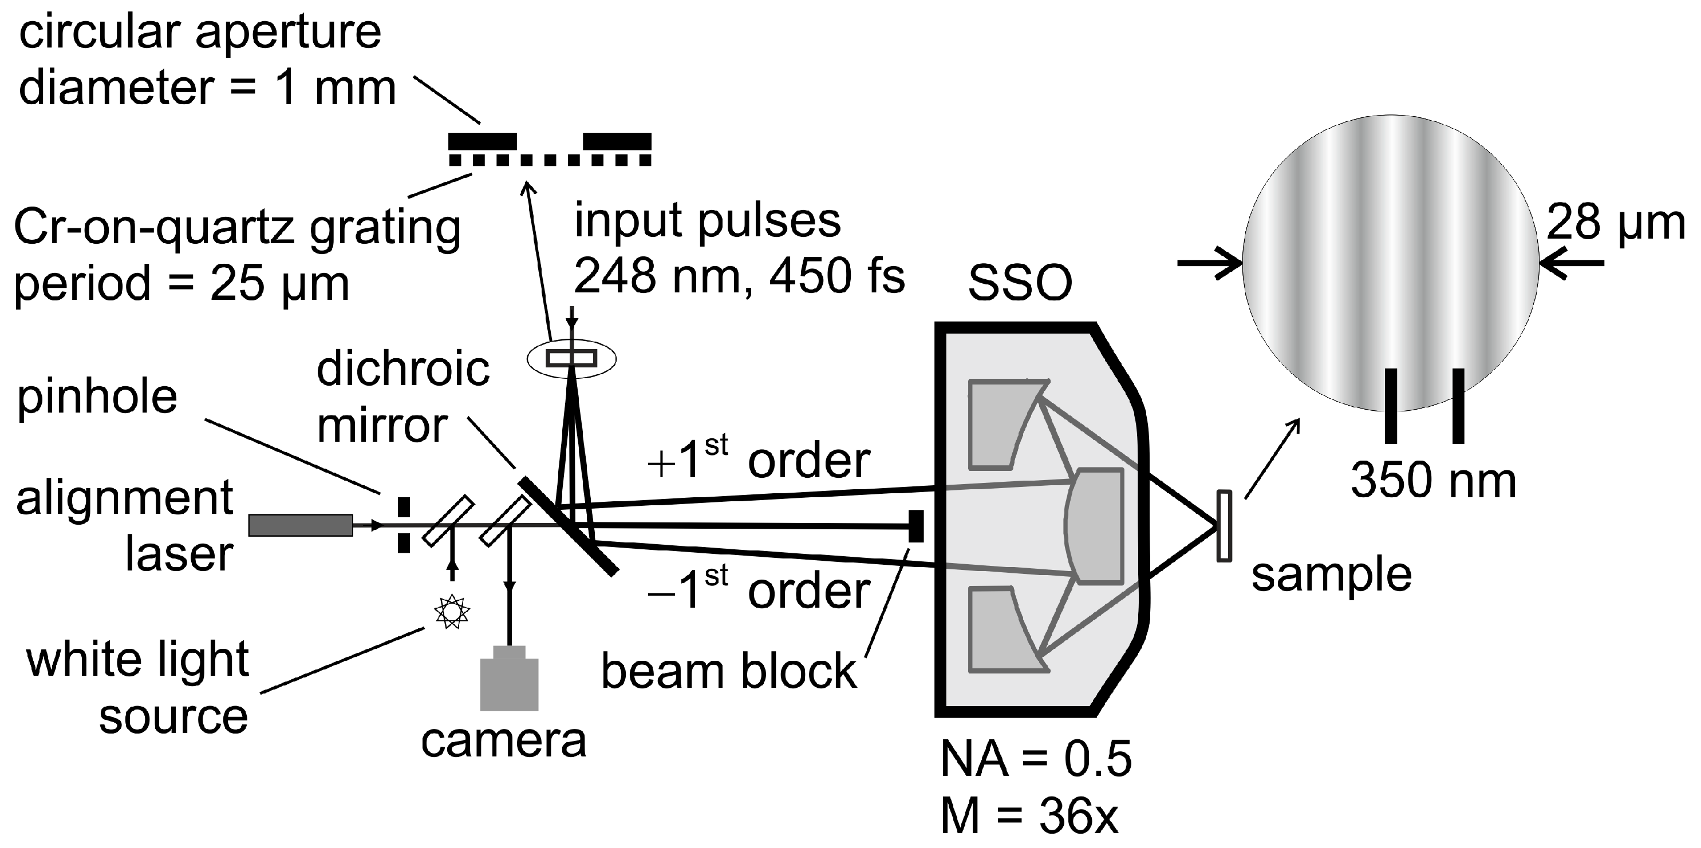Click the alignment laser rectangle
pos(301,525)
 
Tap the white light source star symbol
pos(452,612)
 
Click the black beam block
pos(916,526)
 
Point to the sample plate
pos(1224,526)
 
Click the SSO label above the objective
pos(1020,284)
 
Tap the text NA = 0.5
pos(1035,759)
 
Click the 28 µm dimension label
pos(1615,223)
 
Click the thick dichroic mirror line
pos(568,525)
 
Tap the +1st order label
pos(759,460)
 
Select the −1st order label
pos(759,591)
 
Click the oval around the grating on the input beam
pos(571,358)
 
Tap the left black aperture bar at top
pos(482,141)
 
